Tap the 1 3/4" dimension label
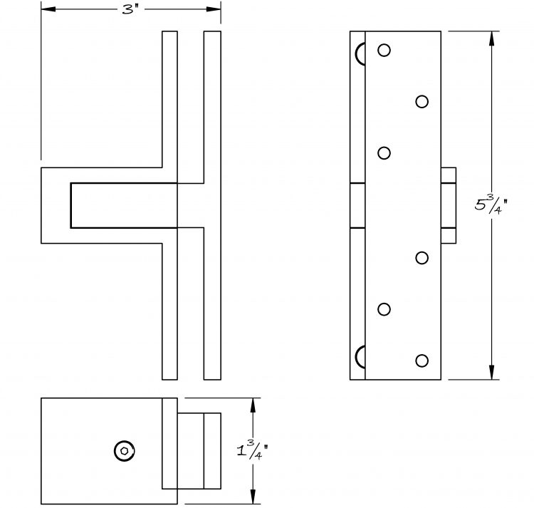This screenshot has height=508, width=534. (252, 450)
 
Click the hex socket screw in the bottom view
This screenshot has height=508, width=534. (125, 451)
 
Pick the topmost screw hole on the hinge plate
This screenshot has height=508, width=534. (384, 51)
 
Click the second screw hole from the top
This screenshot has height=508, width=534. (422, 102)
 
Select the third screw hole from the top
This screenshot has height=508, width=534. (384, 153)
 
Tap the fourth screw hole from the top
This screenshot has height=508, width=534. (422, 258)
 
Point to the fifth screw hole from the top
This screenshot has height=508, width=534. (384, 309)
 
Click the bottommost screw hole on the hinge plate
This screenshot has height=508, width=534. (422, 361)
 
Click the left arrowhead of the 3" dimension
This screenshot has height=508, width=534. (48, 9)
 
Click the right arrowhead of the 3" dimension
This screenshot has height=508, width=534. (214, 9)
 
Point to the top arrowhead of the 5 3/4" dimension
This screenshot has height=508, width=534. (491, 38)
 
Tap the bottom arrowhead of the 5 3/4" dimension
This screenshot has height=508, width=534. (491, 372)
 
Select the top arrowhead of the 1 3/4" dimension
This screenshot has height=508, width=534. (253, 405)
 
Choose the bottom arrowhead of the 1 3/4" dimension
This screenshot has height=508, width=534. (253, 497)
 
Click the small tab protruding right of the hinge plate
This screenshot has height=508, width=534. (449, 205)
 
